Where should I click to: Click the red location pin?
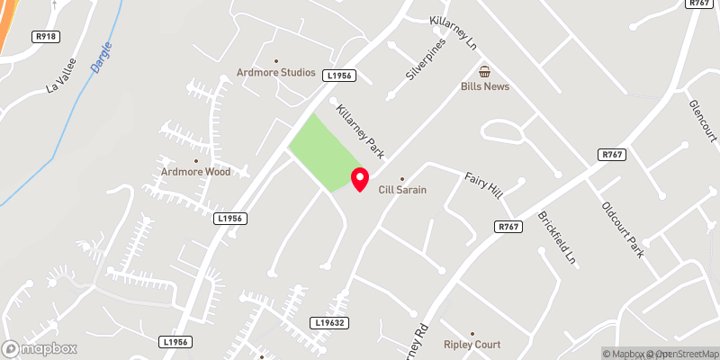pyautogui.click(x=359, y=178)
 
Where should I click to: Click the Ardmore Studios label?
pyautogui.click(x=275, y=73)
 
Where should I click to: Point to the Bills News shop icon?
pyautogui.click(x=484, y=71)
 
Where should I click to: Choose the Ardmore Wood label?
pyautogui.click(x=196, y=172)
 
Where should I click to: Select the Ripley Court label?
pyautogui.click(x=472, y=344)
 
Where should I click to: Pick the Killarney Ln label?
pyautogui.click(x=454, y=30)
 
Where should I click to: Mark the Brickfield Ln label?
pyautogui.click(x=556, y=238)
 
